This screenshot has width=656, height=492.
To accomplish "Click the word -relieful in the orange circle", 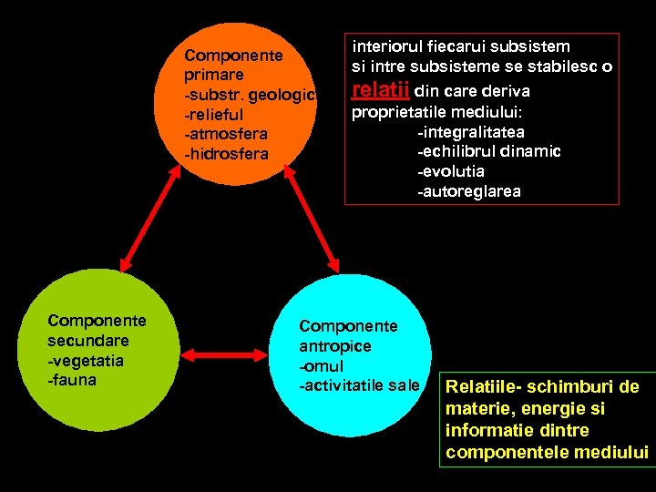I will (213, 116).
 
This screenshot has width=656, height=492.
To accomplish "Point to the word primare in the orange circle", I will (213, 75).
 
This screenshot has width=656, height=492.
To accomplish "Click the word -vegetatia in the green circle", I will (86, 360).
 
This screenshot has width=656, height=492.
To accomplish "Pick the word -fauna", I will (72, 380).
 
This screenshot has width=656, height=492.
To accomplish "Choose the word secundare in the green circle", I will (88, 340).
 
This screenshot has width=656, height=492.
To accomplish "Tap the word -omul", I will (322, 366).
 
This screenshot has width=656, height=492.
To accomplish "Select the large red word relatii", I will (380, 90).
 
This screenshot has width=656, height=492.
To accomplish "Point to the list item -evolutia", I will (450, 171).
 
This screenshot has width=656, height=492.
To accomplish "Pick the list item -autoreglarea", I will (468, 191).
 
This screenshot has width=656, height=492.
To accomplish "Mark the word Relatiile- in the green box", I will (483, 388).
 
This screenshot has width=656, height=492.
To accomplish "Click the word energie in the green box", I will (549, 409).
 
